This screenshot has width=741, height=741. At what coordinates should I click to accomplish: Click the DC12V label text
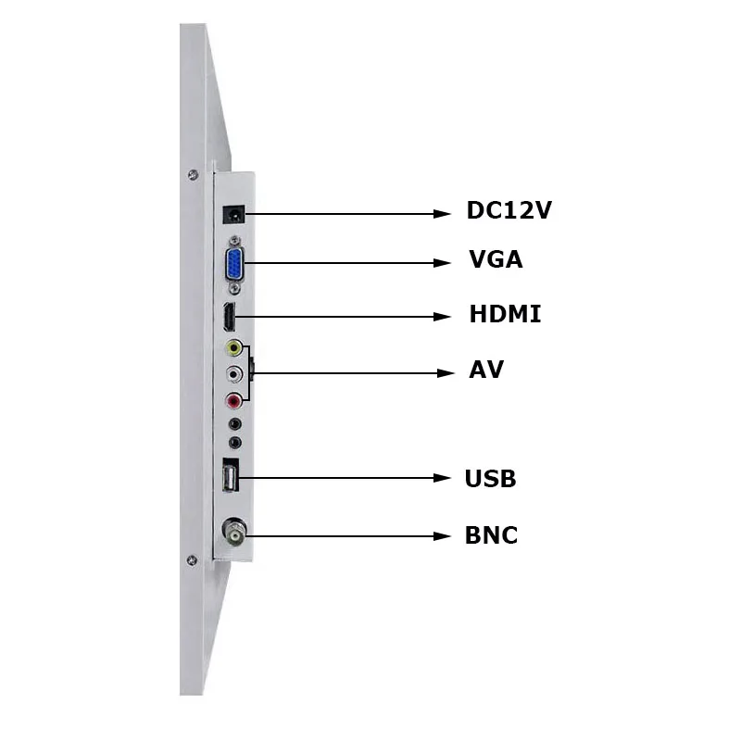pyautogui.click(x=509, y=210)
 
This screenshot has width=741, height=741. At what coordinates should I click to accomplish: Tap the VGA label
pyautogui.click(x=496, y=259)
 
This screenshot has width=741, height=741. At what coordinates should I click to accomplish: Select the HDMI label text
pyautogui.click(x=505, y=314)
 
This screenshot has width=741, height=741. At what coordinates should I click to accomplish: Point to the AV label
pyautogui.click(x=486, y=370)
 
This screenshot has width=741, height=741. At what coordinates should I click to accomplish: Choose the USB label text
pyautogui.click(x=490, y=479)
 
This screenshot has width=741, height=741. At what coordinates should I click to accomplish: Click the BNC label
pyautogui.click(x=491, y=535)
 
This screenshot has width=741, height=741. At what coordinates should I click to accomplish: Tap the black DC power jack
pyautogui.click(x=234, y=214)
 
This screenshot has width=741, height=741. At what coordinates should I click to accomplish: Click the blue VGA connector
pyautogui.click(x=234, y=264)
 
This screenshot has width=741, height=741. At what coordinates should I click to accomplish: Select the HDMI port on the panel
pyautogui.click(x=228, y=318)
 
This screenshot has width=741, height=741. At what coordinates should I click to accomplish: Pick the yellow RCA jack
pyautogui.click(x=234, y=348)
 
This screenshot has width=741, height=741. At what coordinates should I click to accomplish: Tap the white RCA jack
pyautogui.click(x=234, y=374)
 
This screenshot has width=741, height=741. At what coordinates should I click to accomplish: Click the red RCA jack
pyautogui.click(x=234, y=400)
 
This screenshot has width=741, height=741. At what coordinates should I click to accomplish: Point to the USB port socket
pyautogui.click(x=231, y=478)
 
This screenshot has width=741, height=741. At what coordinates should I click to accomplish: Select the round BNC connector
pyautogui.click(x=233, y=534)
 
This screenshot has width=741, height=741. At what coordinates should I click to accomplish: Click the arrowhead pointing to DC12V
pyautogui.click(x=443, y=214)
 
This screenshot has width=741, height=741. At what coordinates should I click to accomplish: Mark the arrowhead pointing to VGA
pyautogui.click(x=443, y=263)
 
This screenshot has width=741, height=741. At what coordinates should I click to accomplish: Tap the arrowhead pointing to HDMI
pyautogui.click(x=443, y=317)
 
